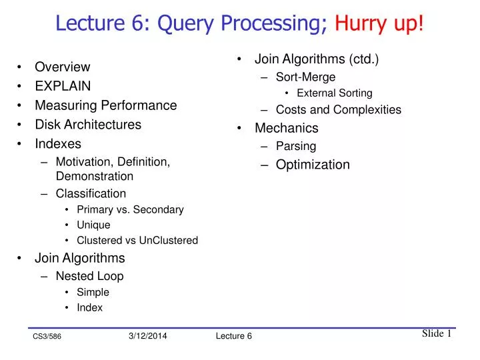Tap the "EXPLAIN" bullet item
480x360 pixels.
[x=63, y=86]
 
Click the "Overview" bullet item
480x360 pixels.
[x=62, y=67]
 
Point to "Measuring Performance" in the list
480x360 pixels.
[x=105, y=105]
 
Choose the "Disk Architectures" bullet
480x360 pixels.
[x=88, y=125]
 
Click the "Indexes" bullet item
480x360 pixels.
[x=58, y=144]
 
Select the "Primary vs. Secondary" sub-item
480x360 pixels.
[x=130, y=209]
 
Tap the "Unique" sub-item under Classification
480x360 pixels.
[x=93, y=225]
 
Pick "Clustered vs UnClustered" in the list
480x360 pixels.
[x=137, y=240]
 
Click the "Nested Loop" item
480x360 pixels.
[x=89, y=276]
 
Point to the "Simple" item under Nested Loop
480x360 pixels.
[x=93, y=292]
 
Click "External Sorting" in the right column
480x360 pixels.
[x=334, y=93]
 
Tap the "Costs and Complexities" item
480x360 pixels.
[x=338, y=110]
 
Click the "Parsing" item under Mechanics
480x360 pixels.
[x=296, y=146]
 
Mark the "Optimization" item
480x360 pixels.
[x=313, y=165]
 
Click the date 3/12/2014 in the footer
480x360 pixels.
[x=147, y=336]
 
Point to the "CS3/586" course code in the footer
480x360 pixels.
[x=47, y=337]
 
